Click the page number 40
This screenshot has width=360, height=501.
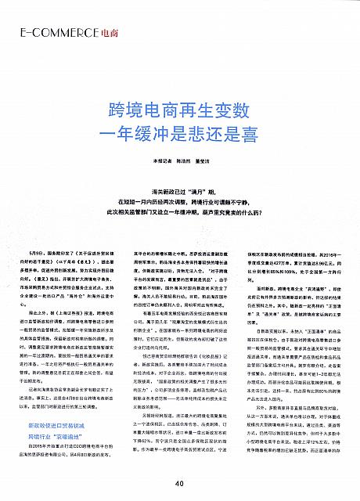(179, 483)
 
